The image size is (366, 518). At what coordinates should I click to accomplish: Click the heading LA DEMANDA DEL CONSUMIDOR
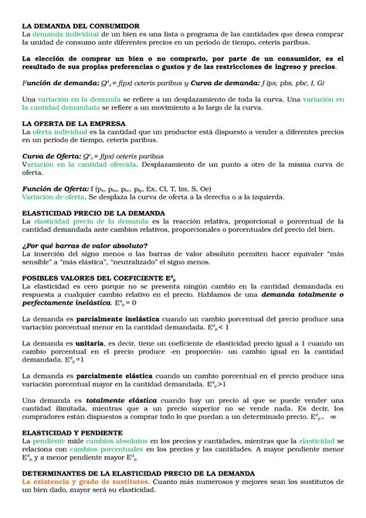tap(80, 26)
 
